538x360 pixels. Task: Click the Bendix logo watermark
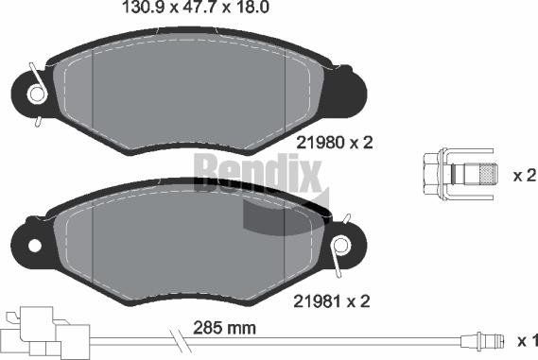pos(257,170)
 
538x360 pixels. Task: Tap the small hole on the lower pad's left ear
pos(35,248)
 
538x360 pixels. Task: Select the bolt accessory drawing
pos(462,175)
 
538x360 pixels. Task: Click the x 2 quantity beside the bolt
pos(525,176)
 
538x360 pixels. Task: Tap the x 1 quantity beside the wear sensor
pos(526,340)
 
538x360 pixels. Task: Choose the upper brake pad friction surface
pos(189,94)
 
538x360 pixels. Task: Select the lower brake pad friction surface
pos(170,246)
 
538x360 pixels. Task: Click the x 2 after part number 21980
pos(362,143)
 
